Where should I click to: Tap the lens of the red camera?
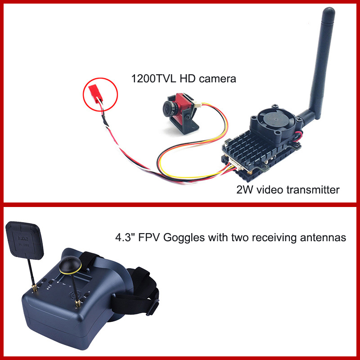(168, 108)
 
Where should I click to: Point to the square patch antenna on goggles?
(24, 240)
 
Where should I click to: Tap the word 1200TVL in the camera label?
(153, 79)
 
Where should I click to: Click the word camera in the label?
(217, 79)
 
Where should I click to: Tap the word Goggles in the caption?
(184, 238)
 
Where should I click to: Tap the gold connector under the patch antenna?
(35, 288)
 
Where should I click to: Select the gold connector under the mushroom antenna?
(77, 303)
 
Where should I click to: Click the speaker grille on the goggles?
(76, 295)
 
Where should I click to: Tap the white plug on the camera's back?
(197, 105)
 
